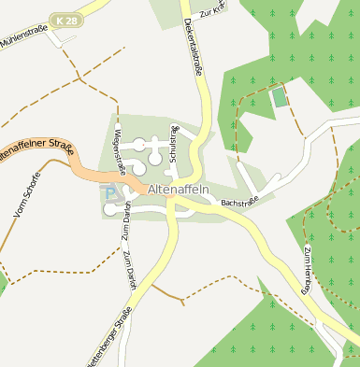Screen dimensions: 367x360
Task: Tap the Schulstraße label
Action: (x=173, y=143)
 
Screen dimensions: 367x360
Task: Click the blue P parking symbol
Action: (x=109, y=194)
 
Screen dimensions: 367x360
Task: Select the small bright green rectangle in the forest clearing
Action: (x=279, y=96)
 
